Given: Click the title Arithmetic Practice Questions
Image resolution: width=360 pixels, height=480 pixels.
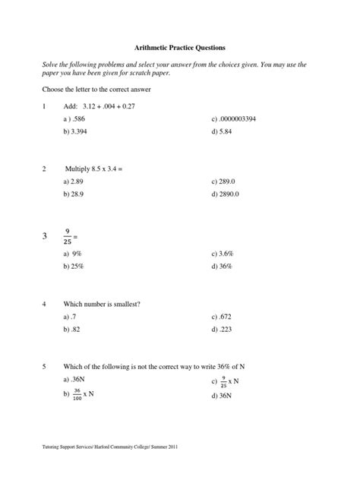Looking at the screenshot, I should [x=180, y=46].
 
